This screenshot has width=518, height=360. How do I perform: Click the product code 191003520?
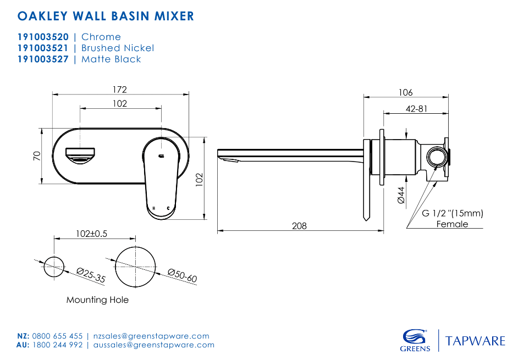[x=43, y=37]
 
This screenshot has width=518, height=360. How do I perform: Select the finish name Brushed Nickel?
[x=117, y=48]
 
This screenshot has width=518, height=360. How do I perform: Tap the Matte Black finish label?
[x=111, y=59]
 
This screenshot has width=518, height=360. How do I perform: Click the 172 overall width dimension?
[x=120, y=89]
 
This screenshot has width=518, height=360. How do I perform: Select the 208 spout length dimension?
[x=299, y=225]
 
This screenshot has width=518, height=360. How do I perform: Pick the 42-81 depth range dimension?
[x=416, y=109]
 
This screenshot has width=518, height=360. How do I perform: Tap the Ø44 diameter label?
[x=401, y=195]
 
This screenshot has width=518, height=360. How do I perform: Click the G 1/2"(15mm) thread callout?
[x=452, y=214]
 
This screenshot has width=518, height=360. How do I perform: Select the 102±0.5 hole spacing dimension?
[x=91, y=234]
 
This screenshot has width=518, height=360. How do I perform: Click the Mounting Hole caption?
[x=97, y=300]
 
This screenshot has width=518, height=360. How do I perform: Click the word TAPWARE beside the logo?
[x=475, y=341]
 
